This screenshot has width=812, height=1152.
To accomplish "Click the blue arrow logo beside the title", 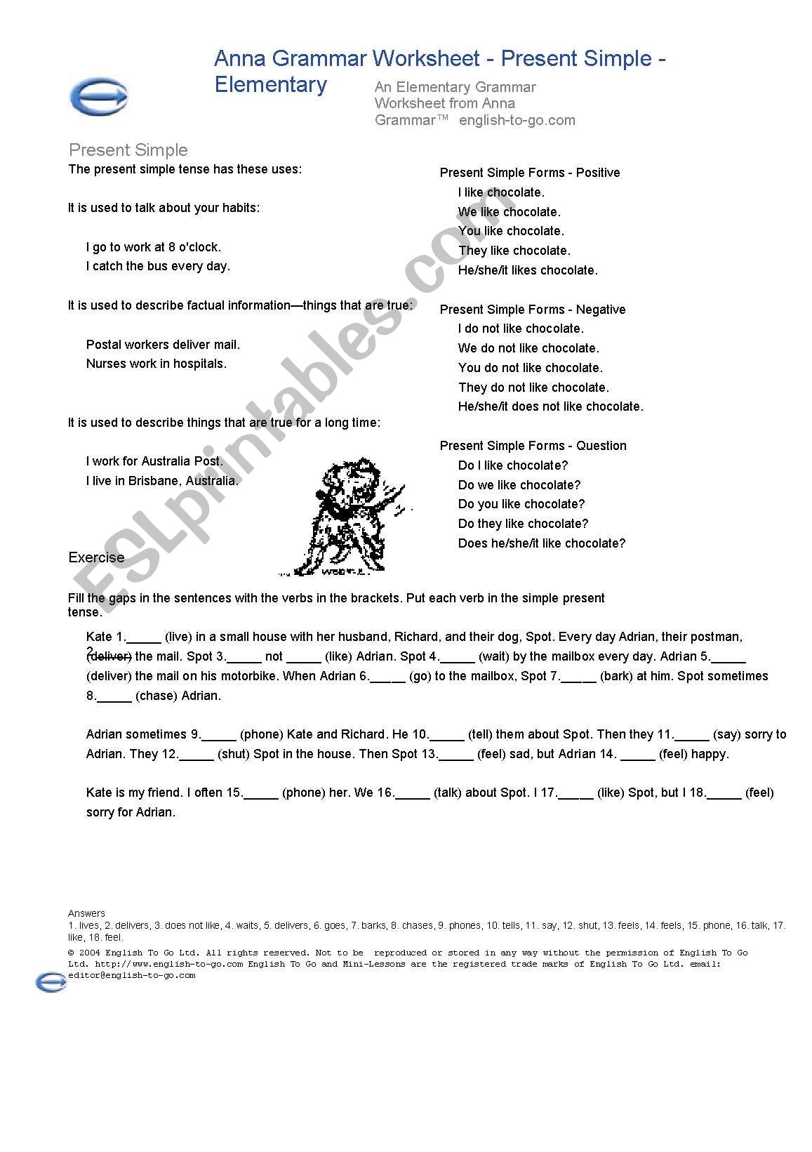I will [100, 95].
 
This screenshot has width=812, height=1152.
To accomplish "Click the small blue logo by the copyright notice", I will [51, 982].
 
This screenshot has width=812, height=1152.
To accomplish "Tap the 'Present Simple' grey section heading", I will [128, 150].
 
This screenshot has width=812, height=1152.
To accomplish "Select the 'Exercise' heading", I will [96, 557].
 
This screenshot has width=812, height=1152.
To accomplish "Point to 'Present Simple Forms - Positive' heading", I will [530, 173].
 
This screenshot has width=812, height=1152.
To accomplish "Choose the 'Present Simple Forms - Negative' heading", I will [533, 310].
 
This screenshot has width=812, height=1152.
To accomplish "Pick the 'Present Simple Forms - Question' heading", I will [533, 446].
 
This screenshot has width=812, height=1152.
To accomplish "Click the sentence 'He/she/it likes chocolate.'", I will [528, 270].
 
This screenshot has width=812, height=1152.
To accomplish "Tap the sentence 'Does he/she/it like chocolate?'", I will [541, 543].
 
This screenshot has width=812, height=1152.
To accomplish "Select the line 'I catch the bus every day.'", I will [158, 266].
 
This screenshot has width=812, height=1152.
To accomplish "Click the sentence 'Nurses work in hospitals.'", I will [157, 364].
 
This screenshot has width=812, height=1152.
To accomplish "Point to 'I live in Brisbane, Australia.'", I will [162, 481].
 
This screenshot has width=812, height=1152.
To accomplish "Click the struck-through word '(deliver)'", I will [109, 657].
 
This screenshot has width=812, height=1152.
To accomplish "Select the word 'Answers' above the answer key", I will [86, 913].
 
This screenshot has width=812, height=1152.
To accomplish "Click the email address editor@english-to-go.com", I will [132, 975].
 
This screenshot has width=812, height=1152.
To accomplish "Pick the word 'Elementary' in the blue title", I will [271, 85].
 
